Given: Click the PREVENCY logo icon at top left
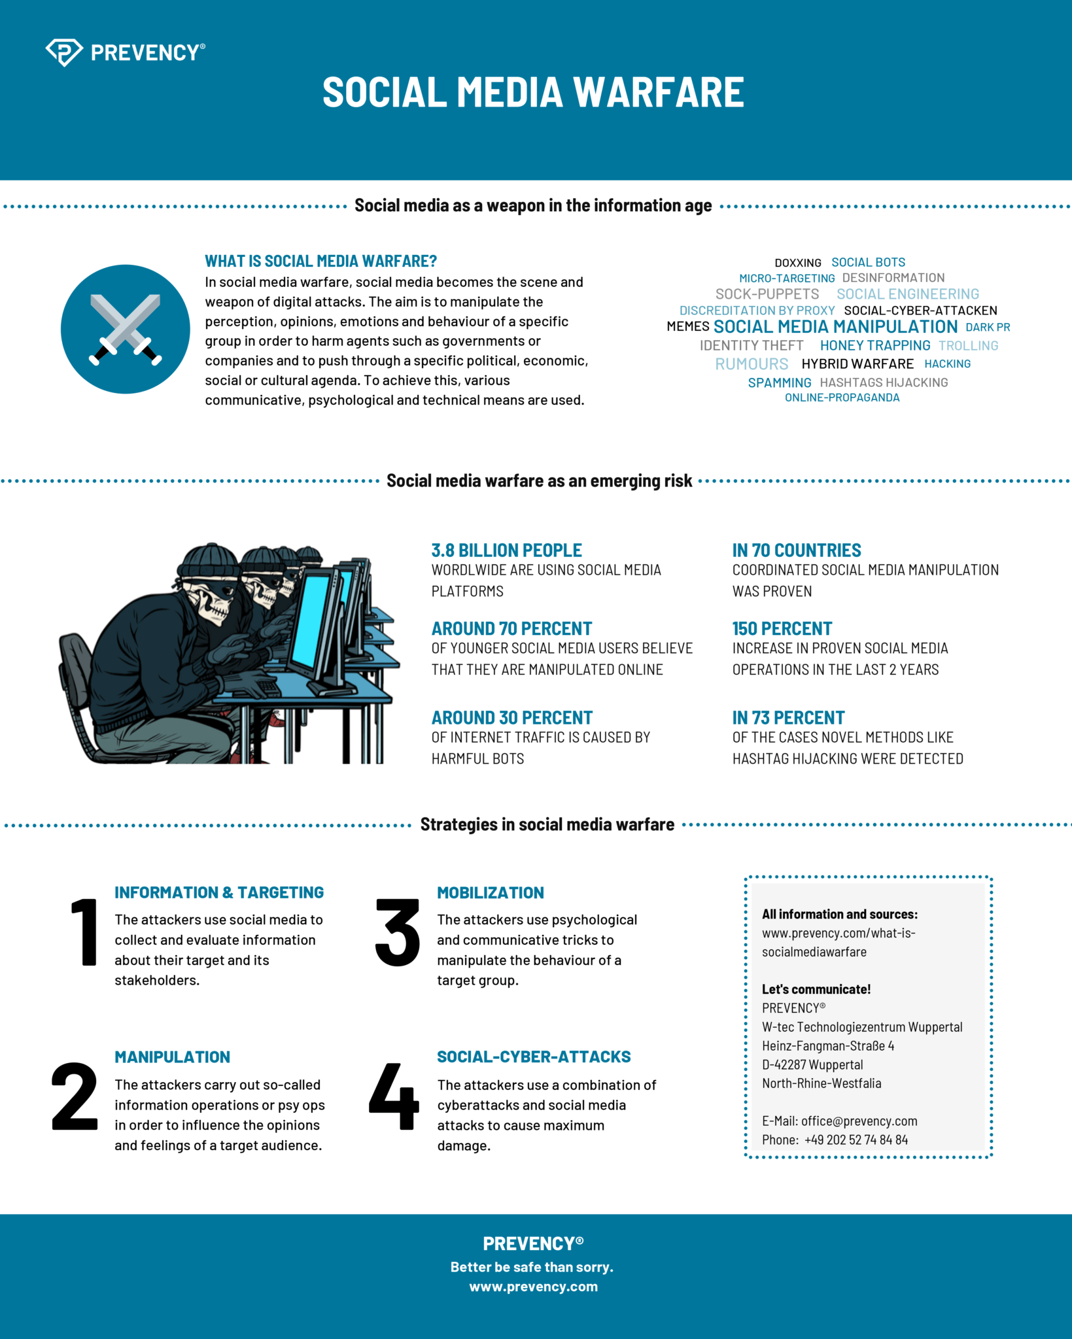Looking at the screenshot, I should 63,52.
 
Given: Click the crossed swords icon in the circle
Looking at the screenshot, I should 125,329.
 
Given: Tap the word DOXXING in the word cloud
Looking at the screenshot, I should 797,263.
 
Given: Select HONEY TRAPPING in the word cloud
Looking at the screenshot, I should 874,345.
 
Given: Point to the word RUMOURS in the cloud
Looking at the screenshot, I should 751,364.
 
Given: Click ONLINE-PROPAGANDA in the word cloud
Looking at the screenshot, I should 842,398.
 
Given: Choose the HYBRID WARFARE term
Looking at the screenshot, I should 857,364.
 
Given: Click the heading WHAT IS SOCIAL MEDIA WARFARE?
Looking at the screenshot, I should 320,262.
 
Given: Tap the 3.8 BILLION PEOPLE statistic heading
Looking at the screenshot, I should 506,551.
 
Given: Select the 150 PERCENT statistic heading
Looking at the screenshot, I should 782,629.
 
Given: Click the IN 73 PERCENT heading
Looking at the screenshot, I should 788,718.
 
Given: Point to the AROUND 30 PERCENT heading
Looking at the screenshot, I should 511,718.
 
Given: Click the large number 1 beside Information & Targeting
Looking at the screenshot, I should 84,932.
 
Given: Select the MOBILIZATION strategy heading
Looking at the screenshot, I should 490,893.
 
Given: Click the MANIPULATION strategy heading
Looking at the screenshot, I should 172,1057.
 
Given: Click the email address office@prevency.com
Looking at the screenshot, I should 859,1121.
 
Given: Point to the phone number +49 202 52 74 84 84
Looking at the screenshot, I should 856,1140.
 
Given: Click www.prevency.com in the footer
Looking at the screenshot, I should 533,1287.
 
